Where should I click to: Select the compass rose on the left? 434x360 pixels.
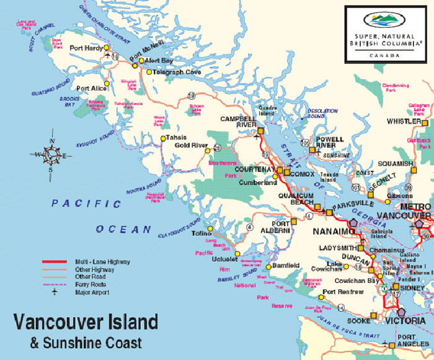click(x=49, y=155)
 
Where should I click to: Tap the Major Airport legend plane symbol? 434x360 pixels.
click(x=55, y=292)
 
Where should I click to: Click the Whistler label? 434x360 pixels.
click(x=404, y=121)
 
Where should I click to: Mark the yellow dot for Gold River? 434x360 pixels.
click(x=216, y=148)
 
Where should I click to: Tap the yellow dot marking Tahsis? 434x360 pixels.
click(x=162, y=138)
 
